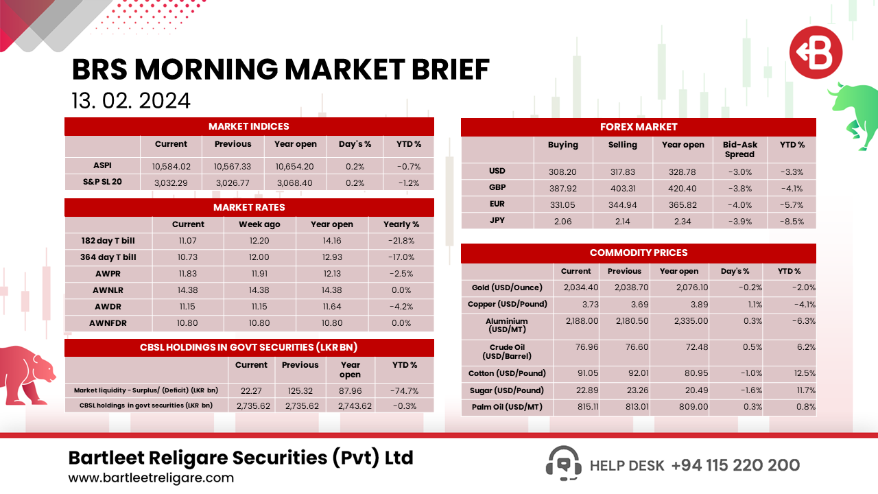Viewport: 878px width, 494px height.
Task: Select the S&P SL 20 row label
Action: pyautogui.click(x=102, y=183)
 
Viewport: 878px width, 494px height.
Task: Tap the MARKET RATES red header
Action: pyautogui.click(x=249, y=207)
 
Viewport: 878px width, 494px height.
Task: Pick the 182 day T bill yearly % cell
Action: pyautogui.click(x=401, y=241)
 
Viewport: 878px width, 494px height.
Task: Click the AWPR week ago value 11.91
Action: pyautogui.click(x=259, y=274)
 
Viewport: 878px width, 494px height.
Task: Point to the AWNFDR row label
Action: pyautogui.click(x=108, y=323)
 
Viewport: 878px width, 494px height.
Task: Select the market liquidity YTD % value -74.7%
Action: pyautogui.click(x=405, y=390)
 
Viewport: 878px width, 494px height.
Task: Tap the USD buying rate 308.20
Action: pyautogui.click(x=562, y=172)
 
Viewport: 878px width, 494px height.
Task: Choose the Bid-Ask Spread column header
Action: pyautogui.click(x=740, y=150)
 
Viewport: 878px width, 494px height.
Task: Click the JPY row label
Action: pyautogui.click(x=497, y=222)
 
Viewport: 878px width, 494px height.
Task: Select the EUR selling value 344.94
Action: pyautogui.click(x=622, y=205)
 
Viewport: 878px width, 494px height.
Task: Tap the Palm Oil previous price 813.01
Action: pyautogui.click(x=624, y=408)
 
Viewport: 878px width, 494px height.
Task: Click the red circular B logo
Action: pyautogui.click(x=815, y=52)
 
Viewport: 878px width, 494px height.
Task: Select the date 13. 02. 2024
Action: pyautogui.click(x=130, y=101)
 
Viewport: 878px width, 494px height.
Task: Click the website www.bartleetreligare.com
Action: pyautogui.click(x=151, y=478)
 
